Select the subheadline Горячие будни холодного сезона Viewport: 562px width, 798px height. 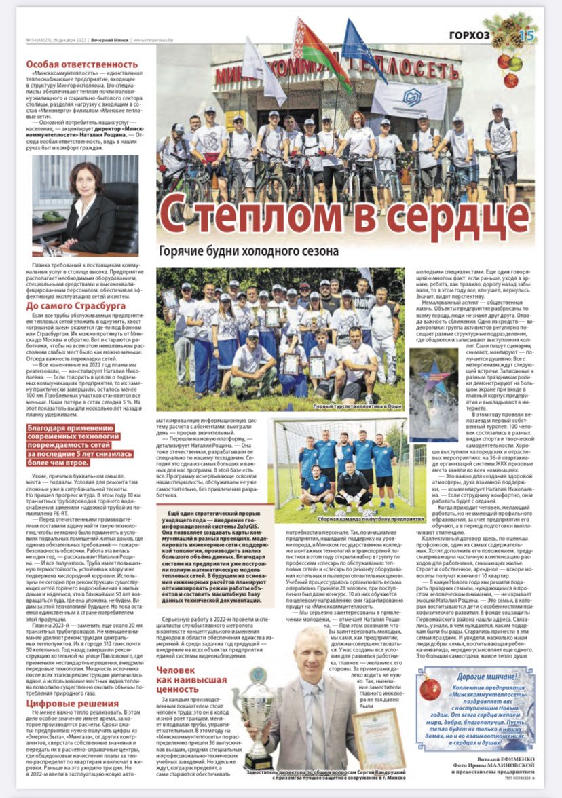click(248, 250)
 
